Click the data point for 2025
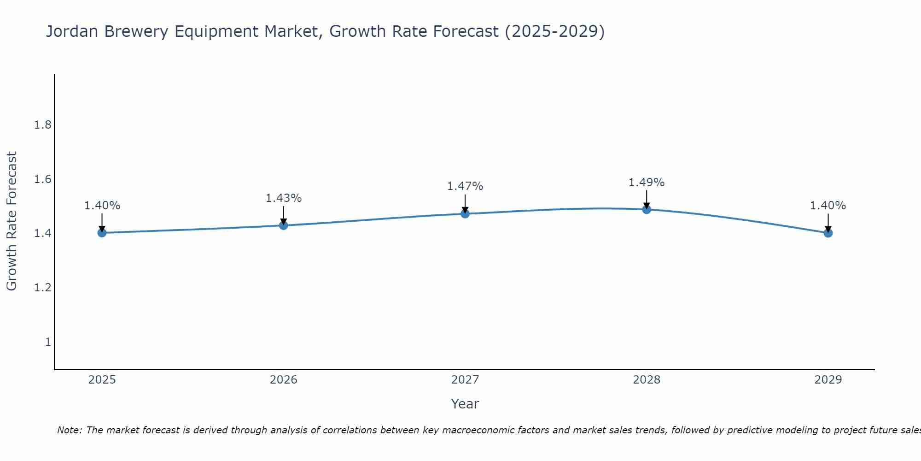coord(102,233)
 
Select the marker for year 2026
coord(284,225)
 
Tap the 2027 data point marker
coord(465,213)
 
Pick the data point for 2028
coord(647,210)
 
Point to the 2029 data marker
coord(828,233)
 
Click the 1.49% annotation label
coord(647,183)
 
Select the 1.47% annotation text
coord(465,186)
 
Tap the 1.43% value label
coord(284,198)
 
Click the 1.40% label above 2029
coord(828,206)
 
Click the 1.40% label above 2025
coord(102,206)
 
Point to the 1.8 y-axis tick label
coord(43,125)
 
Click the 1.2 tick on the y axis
coord(43,288)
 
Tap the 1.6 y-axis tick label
coord(43,179)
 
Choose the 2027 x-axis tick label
coord(465,380)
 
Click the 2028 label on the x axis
coord(647,380)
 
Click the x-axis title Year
coord(465,404)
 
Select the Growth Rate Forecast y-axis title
coord(12,221)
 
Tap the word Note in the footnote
coord(69,430)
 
